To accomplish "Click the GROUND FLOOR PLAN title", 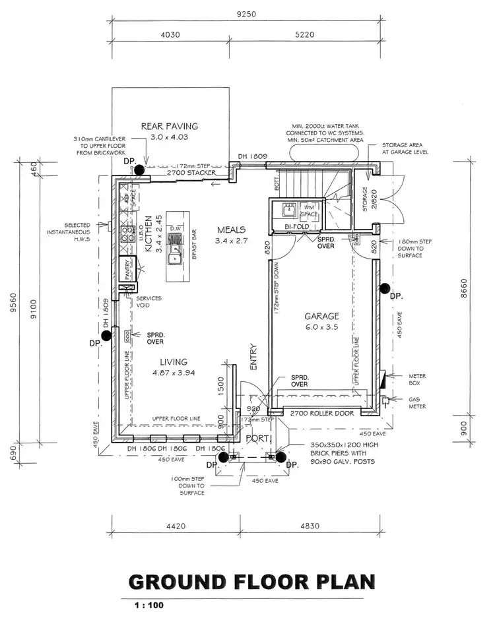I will pos(251,582).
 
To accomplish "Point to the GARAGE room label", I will pos(321,316).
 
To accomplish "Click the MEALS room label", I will pos(231,230).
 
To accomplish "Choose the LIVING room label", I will pos(173,361).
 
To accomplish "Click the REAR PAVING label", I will pos(170,126).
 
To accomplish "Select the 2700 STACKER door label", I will pos(191,172).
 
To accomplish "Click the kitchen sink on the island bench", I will pos(176,251).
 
